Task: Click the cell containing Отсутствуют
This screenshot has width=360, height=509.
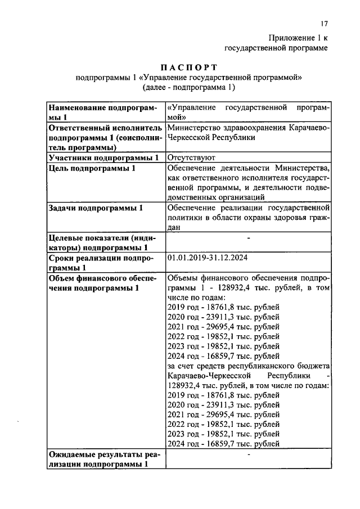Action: point(188,157)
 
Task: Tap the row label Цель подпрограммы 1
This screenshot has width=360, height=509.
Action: point(92,168)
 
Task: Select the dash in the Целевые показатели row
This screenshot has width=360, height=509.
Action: point(248,238)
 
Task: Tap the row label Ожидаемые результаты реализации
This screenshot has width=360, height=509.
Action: point(104,460)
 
